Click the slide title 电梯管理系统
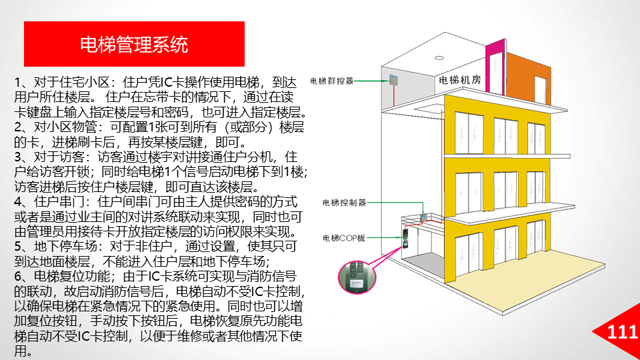tap(133, 45)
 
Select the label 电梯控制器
tap(344, 201)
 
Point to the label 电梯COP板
tap(344, 237)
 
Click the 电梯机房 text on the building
tap(459, 80)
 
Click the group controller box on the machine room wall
tap(393, 81)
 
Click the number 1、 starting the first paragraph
tap(21, 83)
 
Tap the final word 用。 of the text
tap(23, 351)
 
